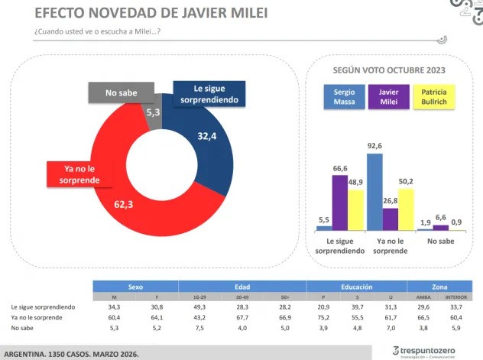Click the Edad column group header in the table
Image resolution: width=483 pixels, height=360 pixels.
pos(241,286)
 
